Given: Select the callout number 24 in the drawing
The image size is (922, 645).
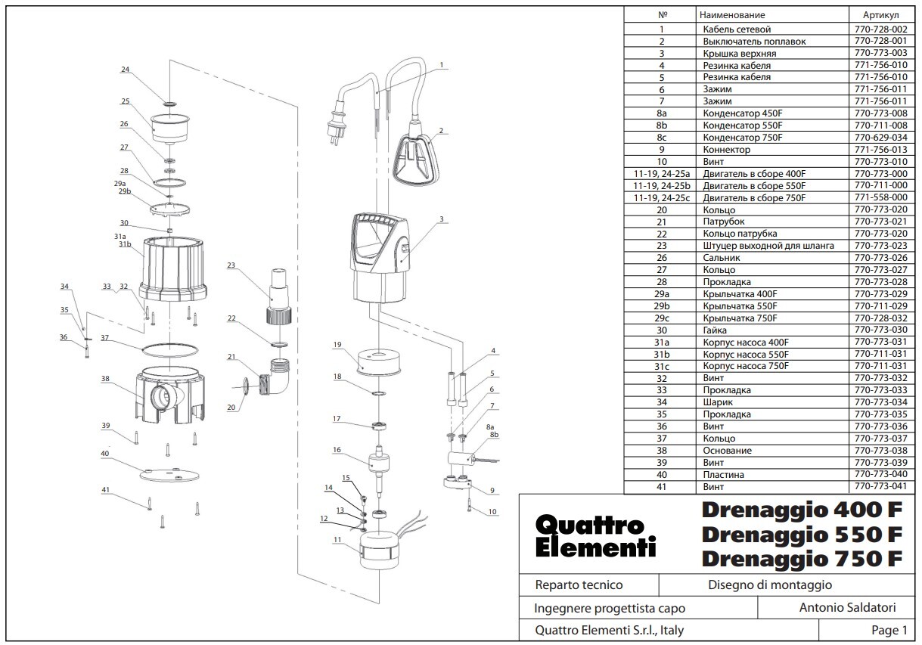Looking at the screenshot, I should (x=126, y=70).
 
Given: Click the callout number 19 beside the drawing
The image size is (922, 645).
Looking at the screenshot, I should (x=337, y=344).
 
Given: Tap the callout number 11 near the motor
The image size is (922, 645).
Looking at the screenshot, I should (x=337, y=540).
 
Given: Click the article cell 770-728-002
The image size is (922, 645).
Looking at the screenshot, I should (x=880, y=29).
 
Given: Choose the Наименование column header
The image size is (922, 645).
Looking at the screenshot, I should (x=732, y=15).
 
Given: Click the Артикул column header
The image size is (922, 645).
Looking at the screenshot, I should (x=880, y=15).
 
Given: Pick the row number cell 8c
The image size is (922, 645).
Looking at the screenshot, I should (x=662, y=138).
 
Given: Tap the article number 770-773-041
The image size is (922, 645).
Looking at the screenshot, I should (x=880, y=486).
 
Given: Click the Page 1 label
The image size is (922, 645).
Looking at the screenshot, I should (x=889, y=630).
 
